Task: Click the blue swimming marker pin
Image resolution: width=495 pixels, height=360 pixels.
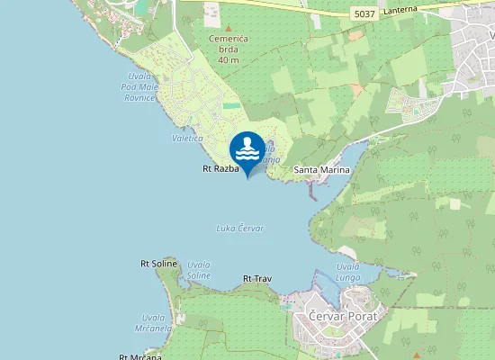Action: [247, 150]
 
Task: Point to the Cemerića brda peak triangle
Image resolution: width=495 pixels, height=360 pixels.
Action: [228, 30]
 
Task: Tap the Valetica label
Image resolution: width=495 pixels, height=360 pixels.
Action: [186, 138]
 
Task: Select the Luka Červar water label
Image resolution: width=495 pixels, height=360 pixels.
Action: [240, 229]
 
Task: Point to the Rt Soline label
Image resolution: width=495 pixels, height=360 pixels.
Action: [158, 264]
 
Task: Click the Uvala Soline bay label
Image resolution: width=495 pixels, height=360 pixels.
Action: [198, 270]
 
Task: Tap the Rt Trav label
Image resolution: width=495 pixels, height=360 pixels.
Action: [257, 279]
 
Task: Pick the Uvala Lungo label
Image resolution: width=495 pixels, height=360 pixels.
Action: [347, 272]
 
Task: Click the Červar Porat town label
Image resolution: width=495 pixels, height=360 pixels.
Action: [346, 316]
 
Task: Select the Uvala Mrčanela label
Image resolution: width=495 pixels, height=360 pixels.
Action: [157, 323]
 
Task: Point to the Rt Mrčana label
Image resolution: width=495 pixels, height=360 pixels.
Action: [134, 356]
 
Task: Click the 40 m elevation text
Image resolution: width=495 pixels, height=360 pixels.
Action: [228, 61]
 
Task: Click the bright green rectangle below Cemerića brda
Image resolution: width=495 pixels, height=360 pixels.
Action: [231, 105]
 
